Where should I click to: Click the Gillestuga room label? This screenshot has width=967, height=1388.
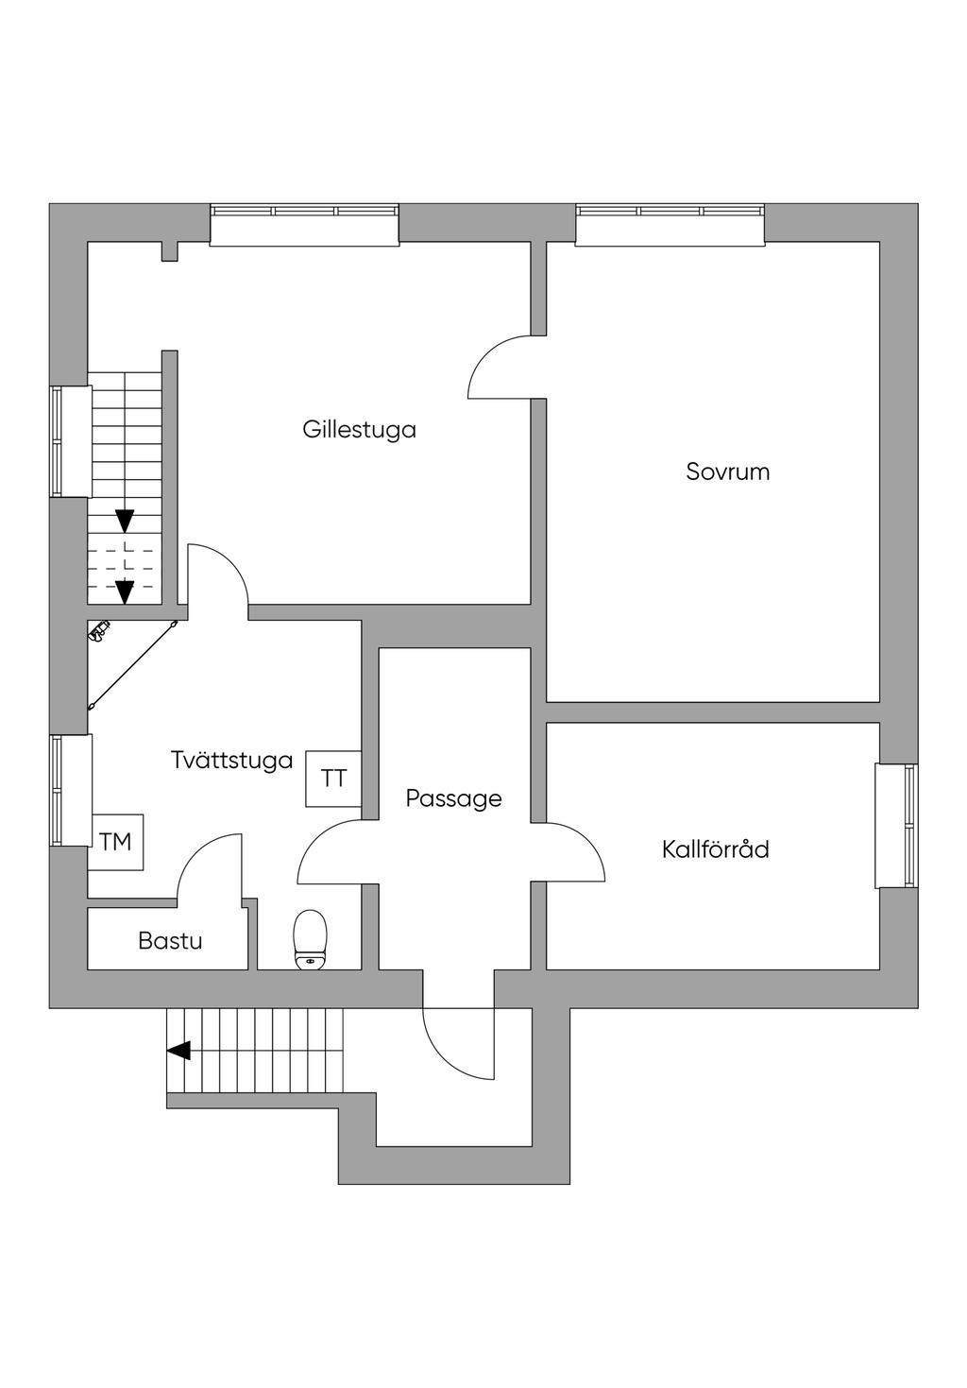click(359, 429)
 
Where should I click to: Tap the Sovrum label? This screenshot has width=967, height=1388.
click(727, 471)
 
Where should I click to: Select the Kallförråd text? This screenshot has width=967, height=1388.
click(715, 848)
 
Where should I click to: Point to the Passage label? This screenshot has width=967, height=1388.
click(453, 798)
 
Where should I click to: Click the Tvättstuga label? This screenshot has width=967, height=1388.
click(231, 760)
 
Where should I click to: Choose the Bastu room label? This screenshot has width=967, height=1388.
click(170, 941)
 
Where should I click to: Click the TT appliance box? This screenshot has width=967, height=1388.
click(333, 779)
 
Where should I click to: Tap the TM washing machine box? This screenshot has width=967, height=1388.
click(116, 841)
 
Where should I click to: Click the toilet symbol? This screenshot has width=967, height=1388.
click(310, 939)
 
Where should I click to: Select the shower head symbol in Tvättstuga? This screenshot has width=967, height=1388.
click(99, 629)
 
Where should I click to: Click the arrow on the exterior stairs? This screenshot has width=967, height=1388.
click(178, 1050)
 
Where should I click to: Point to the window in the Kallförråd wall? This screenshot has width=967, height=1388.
click(896, 825)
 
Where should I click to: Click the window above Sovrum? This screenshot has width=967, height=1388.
click(670, 224)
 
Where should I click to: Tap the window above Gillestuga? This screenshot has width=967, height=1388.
click(304, 224)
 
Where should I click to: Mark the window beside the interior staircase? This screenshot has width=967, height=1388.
click(71, 441)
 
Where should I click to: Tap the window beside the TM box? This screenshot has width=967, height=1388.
click(71, 791)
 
